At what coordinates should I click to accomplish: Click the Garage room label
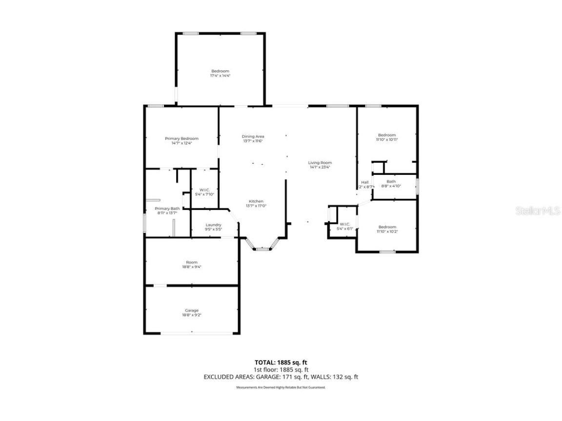[191, 310]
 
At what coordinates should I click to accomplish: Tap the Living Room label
[320, 163]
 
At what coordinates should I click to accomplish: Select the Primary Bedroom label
[181, 138]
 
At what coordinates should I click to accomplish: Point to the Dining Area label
[253, 136]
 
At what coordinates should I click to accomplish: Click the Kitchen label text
[256, 201]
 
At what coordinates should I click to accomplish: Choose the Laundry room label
[213, 225]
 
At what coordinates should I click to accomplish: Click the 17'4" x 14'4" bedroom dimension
[220, 76]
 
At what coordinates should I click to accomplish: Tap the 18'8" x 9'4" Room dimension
[191, 267]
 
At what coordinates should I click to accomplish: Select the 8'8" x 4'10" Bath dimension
[391, 186]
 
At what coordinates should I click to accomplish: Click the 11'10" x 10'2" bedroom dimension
[387, 232]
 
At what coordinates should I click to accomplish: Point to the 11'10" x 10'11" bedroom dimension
[387, 140]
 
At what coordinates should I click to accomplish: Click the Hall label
[365, 182]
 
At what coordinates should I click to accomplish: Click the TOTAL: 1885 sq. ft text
[281, 363]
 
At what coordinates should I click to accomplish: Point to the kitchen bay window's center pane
[262, 249]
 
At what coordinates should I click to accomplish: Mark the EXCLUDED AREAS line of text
[281, 377]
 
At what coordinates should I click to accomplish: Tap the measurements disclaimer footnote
[281, 387]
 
